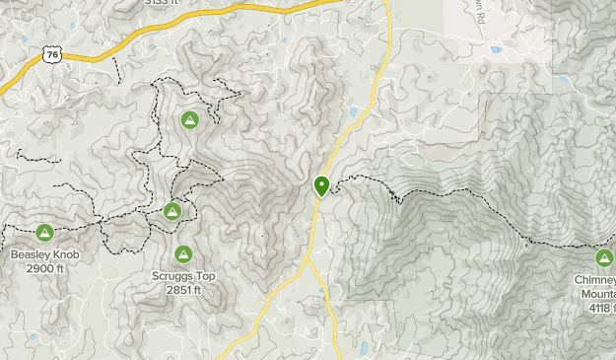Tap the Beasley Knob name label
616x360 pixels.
45,255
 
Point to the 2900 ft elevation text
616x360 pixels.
45,268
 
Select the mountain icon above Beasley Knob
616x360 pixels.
44,233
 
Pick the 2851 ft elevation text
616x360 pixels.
183,290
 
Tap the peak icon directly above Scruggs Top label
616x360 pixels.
183,254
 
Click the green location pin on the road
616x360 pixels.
321,184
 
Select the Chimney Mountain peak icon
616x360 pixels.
605,258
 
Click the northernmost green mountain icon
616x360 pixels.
190,120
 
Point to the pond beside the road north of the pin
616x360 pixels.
353,110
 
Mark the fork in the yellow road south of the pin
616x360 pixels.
308,261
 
